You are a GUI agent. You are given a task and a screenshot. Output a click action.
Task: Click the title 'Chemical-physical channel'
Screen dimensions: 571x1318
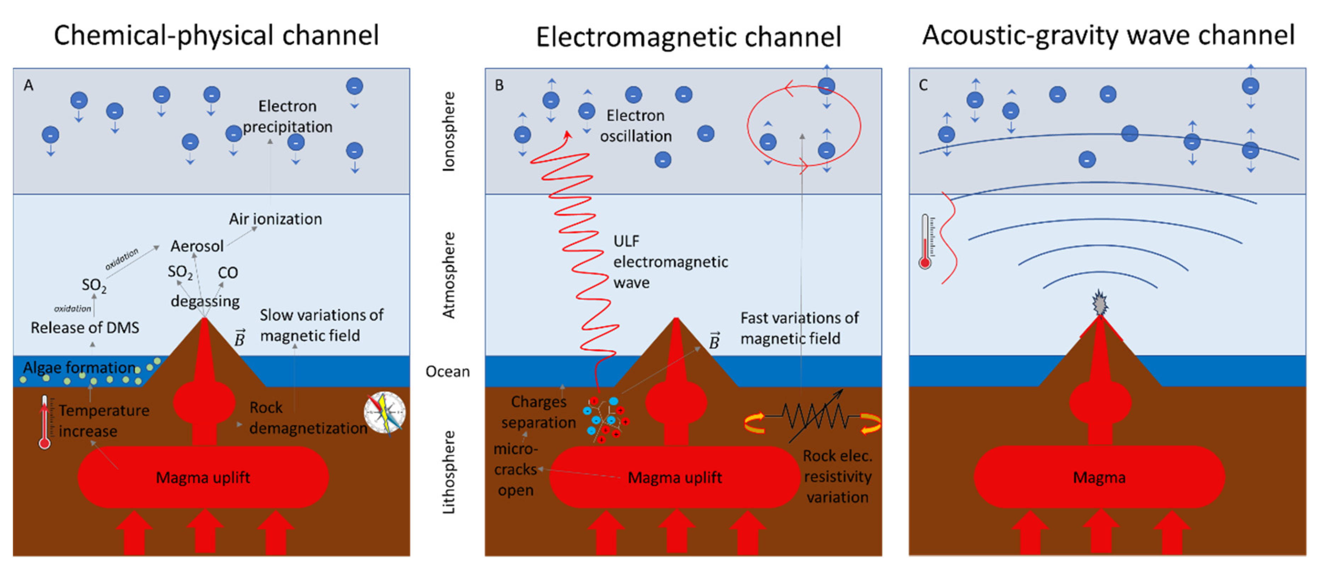(216, 36)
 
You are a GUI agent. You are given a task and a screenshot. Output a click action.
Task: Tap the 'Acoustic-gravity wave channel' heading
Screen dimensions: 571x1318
(1108, 36)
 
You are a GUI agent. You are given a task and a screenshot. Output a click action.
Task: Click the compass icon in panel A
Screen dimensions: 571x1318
(385, 412)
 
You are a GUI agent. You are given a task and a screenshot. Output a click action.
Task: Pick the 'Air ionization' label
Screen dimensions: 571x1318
(275, 219)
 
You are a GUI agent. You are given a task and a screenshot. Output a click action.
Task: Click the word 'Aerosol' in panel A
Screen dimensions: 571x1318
(197, 246)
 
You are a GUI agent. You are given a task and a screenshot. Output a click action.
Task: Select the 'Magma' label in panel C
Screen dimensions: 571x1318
(1099, 478)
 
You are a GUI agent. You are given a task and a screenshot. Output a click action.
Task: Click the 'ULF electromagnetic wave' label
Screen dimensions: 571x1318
(670, 262)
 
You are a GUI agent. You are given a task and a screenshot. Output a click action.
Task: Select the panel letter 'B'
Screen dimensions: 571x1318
(499, 85)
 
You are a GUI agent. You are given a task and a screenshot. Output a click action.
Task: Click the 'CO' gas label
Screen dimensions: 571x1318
(228, 273)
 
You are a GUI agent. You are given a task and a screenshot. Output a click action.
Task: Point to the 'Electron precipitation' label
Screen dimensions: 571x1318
(288, 116)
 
